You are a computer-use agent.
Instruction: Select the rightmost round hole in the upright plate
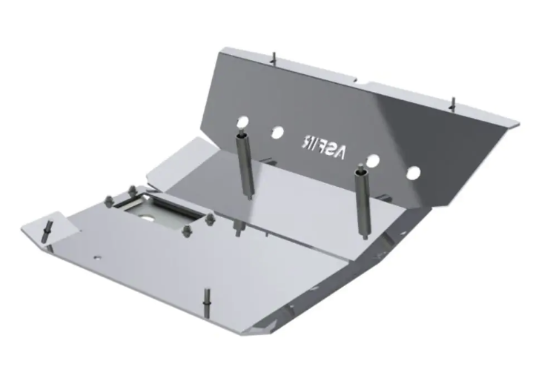pyautogui.click(x=413, y=173)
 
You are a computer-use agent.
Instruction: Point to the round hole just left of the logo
pyautogui.click(x=277, y=132)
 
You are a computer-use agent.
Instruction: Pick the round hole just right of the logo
pyautogui.click(x=374, y=161)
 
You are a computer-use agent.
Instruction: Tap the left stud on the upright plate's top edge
pyautogui.click(x=274, y=56)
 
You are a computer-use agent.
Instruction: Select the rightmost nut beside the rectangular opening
pyautogui.click(x=210, y=218)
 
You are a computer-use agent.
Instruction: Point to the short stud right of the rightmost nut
pyautogui.click(x=236, y=228)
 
